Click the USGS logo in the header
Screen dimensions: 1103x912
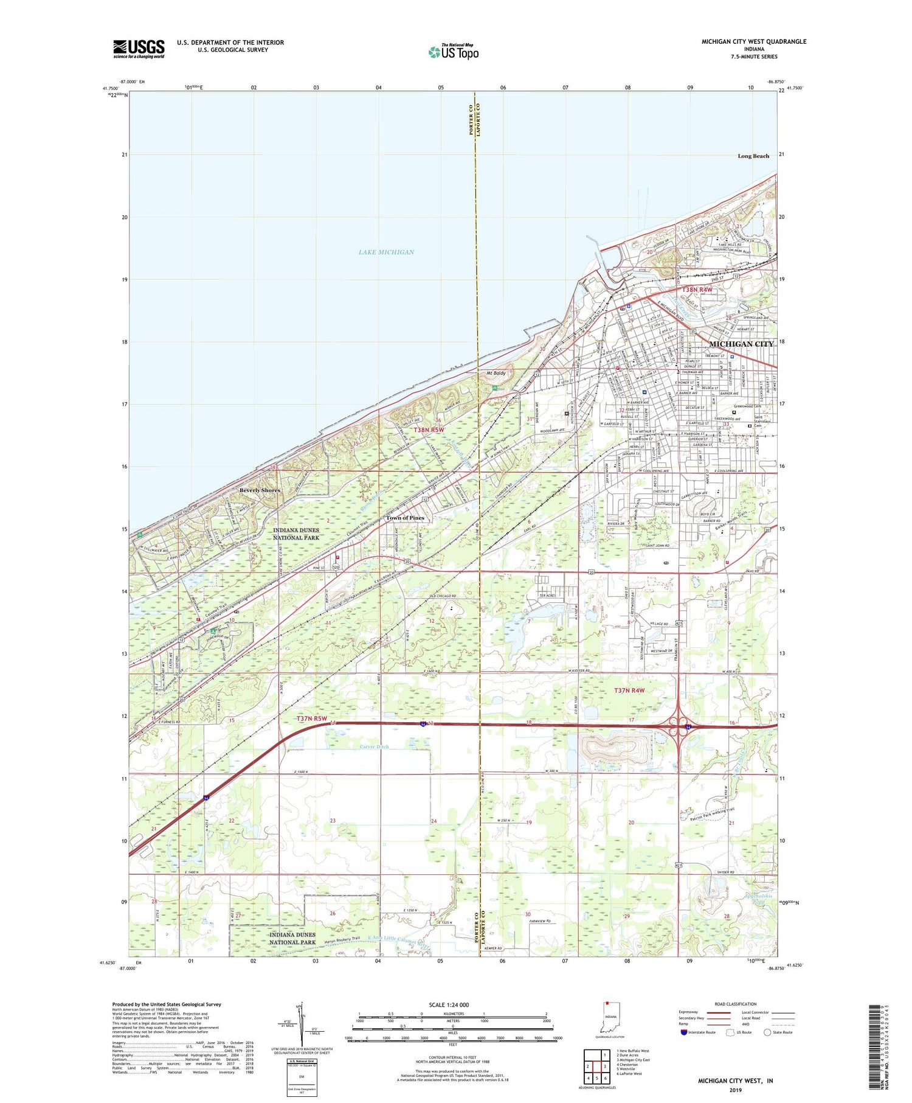(x=139, y=49)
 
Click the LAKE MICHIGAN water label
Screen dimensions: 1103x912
(x=386, y=252)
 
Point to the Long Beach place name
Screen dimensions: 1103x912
(x=753, y=156)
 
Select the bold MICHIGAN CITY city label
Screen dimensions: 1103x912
(x=741, y=344)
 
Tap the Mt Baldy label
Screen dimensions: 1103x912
(x=496, y=373)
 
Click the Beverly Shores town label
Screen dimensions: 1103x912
(x=260, y=490)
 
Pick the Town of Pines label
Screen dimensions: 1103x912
(x=405, y=518)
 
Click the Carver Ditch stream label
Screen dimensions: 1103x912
(x=374, y=746)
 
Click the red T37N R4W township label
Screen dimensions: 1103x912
(x=629, y=691)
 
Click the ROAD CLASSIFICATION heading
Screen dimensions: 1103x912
(x=736, y=1004)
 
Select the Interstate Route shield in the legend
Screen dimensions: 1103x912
(x=684, y=1032)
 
